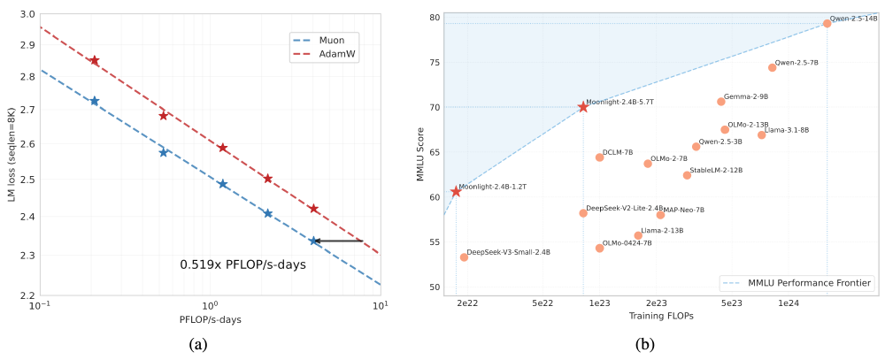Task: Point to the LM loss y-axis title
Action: pyautogui.click(x=12, y=156)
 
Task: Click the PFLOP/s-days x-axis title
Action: pyautogui.click(x=210, y=319)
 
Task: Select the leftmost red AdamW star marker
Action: pyautogui.click(x=95, y=60)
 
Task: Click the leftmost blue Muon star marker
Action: pyautogui.click(x=95, y=101)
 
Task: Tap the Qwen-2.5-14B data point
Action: pyautogui.click(x=827, y=24)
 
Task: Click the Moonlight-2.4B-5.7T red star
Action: pyautogui.click(x=583, y=107)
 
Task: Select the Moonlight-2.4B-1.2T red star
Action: pyautogui.click(x=456, y=191)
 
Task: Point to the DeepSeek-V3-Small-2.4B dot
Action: pyautogui.click(x=464, y=257)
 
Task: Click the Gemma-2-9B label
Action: pyautogui.click(x=746, y=96)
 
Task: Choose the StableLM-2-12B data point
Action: pyautogui.click(x=687, y=175)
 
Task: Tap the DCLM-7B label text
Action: pyautogui.click(x=618, y=152)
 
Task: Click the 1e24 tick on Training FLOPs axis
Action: pyautogui.click(x=789, y=303)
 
